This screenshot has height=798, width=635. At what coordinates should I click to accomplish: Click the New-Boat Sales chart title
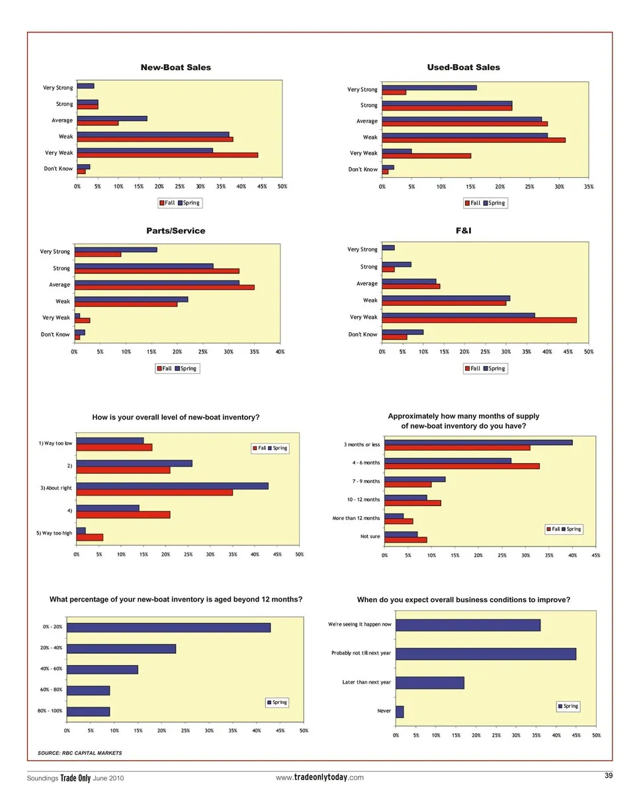[175, 67]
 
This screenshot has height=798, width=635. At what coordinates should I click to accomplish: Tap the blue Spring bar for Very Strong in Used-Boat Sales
[429, 87]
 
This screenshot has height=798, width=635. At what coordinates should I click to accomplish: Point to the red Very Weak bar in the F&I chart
[479, 320]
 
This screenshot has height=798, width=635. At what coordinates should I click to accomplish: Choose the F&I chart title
[463, 231]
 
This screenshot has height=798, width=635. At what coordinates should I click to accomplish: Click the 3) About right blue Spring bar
[172, 486]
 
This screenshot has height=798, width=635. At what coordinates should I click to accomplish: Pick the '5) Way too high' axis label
[54, 533]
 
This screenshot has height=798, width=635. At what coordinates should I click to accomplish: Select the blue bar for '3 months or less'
[478, 442]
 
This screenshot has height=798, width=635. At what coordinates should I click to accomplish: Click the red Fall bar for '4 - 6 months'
[462, 466]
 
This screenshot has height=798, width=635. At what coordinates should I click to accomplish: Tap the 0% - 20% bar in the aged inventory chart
[168, 627]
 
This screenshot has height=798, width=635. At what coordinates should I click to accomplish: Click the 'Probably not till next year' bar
[486, 654]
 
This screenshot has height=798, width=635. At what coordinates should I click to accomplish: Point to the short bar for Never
[400, 712]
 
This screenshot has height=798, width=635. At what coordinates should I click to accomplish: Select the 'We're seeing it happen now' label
[359, 625]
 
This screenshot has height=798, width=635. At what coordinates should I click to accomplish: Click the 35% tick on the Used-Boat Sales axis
[589, 187]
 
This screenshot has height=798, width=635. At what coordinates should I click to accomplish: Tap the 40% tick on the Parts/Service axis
[280, 351]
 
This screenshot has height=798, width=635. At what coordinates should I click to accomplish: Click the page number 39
[609, 776]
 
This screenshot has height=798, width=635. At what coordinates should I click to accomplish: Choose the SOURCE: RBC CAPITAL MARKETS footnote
[79, 753]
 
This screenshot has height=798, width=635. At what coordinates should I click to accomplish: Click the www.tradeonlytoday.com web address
[319, 777]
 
